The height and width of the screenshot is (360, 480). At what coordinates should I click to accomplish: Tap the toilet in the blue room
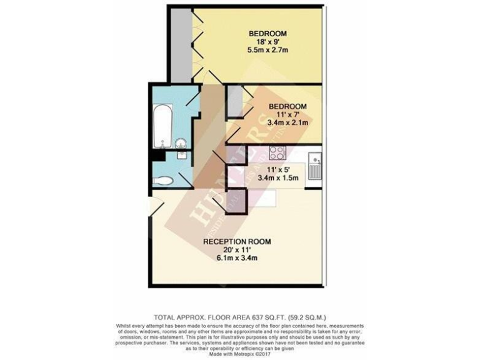164,182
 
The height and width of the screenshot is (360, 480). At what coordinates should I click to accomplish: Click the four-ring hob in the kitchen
276,152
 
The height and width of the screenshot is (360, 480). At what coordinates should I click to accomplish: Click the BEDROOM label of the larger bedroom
267,33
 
